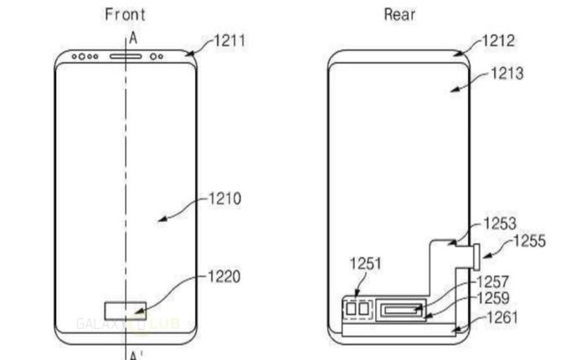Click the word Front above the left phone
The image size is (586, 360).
coord(126,14)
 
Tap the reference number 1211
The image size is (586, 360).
coord(229,39)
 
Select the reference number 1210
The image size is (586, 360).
coord(226,198)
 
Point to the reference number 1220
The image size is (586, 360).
coord(226,275)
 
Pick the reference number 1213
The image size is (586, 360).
coord(506,74)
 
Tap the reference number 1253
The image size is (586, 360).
coord(501,224)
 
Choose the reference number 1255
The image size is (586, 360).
coord(529,241)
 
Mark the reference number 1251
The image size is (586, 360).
coord(365,264)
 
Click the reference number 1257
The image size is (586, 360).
coord(493,282)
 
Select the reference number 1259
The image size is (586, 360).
coord(493,297)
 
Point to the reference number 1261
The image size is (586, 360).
coord(501,317)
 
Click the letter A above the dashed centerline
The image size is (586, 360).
coord(131,38)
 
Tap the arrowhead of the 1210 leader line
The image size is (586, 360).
coord(160,219)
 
